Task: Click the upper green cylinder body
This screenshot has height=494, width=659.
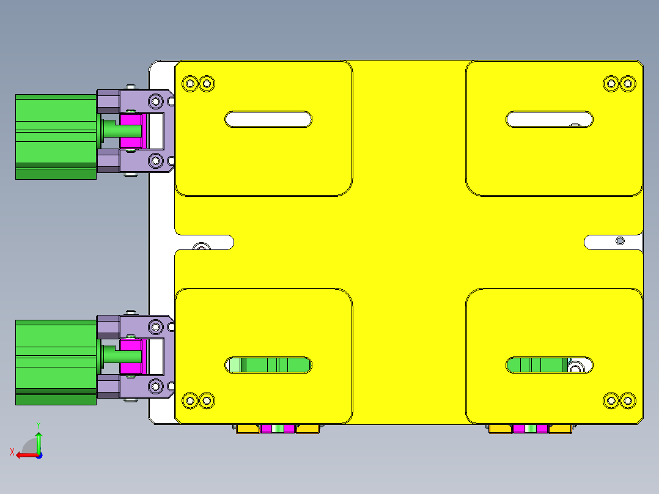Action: point(55,136)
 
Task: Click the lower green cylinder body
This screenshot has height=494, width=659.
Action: point(55,362)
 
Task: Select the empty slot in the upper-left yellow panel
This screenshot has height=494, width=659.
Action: point(269,119)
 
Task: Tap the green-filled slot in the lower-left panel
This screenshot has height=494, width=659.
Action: point(269,366)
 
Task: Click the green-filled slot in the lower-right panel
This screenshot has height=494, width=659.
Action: point(538,366)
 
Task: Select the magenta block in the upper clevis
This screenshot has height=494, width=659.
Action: point(130,132)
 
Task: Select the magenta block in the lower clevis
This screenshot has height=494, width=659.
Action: point(131,358)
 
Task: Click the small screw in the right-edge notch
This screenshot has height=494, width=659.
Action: point(620,241)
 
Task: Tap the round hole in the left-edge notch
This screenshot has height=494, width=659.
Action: point(200,247)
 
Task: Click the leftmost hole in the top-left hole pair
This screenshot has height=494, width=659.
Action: point(190,83)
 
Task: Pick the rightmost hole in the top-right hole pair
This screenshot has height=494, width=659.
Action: point(628,83)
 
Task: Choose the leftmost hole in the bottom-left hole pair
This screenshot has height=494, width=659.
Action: point(190,401)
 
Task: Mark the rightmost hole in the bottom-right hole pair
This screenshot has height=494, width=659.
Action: point(628,401)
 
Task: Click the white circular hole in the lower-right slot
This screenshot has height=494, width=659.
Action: point(575,367)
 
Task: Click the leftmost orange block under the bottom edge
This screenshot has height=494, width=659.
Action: point(247,429)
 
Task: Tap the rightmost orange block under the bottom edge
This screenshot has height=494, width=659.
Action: point(561,429)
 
